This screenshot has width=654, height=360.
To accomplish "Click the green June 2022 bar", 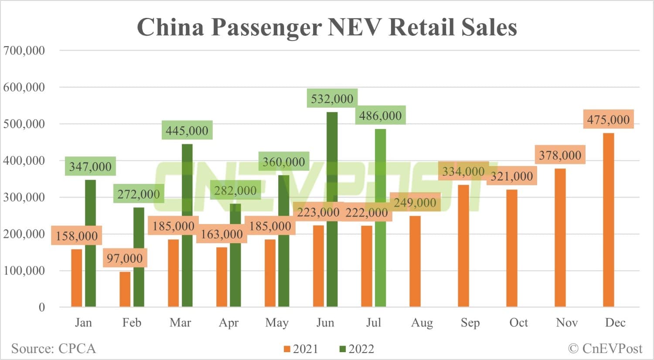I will click(x=332, y=209).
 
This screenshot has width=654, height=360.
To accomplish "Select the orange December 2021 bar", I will click(x=608, y=220).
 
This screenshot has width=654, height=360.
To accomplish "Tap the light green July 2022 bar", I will click(x=380, y=218).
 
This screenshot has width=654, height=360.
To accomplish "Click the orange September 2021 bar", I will click(x=463, y=246).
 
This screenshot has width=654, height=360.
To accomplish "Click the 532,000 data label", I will click(x=332, y=99).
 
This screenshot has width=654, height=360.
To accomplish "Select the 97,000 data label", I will click(x=125, y=258).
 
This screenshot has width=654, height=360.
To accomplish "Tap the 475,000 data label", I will click(x=608, y=120).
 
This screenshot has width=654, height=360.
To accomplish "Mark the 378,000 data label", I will click(x=560, y=156).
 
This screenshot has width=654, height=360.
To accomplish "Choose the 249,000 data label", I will click(x=415, y=203).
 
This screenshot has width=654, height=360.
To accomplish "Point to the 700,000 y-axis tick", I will click(x=24, y=51).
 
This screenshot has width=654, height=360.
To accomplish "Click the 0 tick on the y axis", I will click(x=42, y=307).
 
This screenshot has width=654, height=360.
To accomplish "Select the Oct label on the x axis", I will click(x=518, y=323).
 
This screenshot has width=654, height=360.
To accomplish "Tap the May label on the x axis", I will click(x=277, y=323).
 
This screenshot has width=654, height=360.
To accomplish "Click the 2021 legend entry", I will click(x=301, y=349).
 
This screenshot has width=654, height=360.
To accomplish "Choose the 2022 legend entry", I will click(x=357, y=349).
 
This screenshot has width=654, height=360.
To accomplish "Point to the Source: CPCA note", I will click(x=53, y=349).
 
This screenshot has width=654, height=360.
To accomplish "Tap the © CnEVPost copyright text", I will click(x=605, y=349).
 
